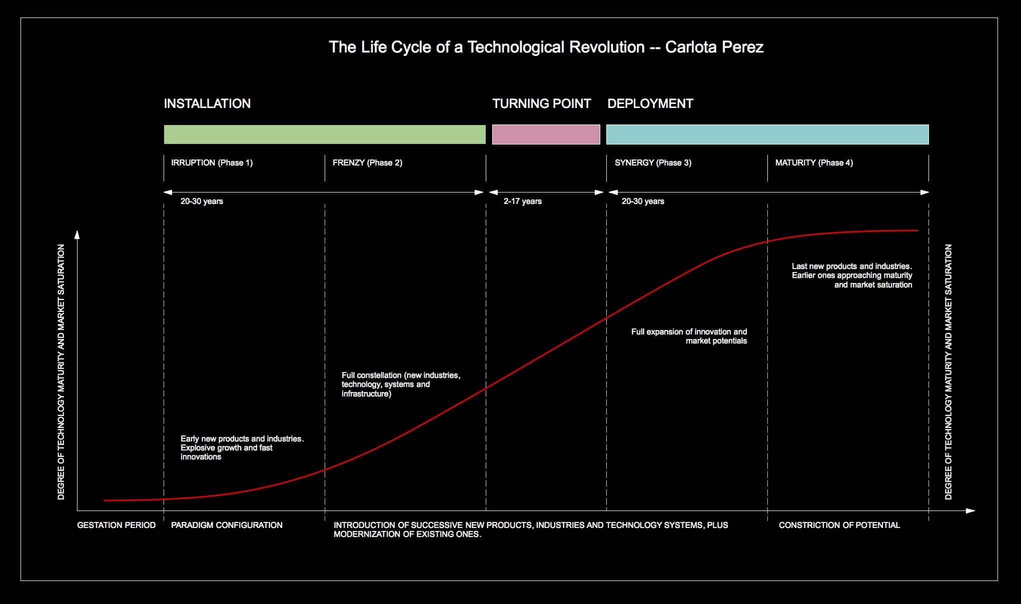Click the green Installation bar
pyautogui.click(x=325, y=134)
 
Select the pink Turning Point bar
pyautogui.click(x=546, y=134)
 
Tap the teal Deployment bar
pyautogui.click(x=767, y=134)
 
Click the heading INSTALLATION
pyautogui.click(x=207, y=103)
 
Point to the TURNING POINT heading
pyautogui.click(x=541, y=103)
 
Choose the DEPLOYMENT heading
pyautogui.click(x=650, y=103)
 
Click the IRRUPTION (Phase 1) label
pyautogui.click(x=212, y=162)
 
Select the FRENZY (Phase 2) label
pyautogui.click(x=367, y=162)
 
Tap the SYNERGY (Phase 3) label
pyautogui.click(x=653, y=162)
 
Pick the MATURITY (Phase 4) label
pyautogui.click(x=814, y=162)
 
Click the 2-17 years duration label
pyautogui.click(x=522, y=201)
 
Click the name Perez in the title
pyautogui.click(x=742, y=47)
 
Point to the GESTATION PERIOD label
pyautogui.click(x=116, y=525)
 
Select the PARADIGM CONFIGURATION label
pyautogui.click(x=227, y=525)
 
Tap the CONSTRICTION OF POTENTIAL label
pyautogui.click(x=839, y=525)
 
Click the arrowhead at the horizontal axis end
pyautogui.click(x=970, y=510)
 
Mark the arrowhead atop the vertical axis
pyautogui.click(x=77, y=234)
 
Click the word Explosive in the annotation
pyautogui.click(x=198, y=447)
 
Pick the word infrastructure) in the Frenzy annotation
pyautogui.click(x=366, y=393)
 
